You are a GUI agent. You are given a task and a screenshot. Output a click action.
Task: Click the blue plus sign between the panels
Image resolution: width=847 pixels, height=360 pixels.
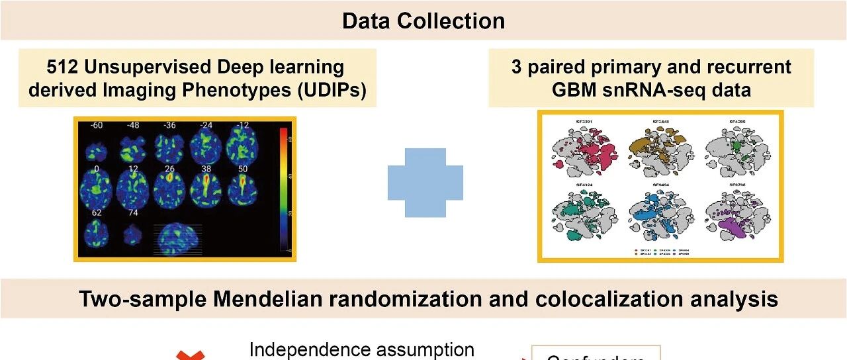tap(425, 183)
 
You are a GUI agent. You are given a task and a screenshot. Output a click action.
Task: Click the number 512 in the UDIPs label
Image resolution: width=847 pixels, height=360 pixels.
tap(66, 67)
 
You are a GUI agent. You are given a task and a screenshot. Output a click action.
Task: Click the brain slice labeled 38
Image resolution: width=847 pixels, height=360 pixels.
tap(204, 189)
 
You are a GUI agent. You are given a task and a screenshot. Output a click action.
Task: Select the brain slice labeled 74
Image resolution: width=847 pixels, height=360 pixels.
tap(133, 234)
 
